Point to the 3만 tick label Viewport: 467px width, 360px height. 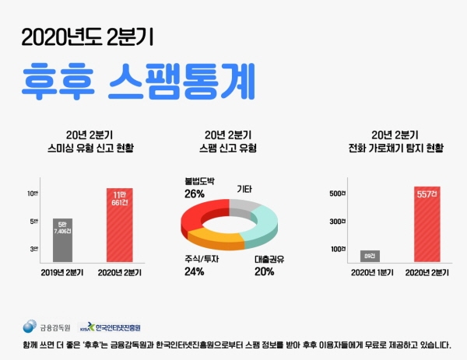34,249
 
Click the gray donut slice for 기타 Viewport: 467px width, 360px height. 248,206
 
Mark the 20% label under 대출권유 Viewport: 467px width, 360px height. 264,271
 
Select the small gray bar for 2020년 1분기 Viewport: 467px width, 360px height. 367,254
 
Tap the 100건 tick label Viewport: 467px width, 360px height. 339,249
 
